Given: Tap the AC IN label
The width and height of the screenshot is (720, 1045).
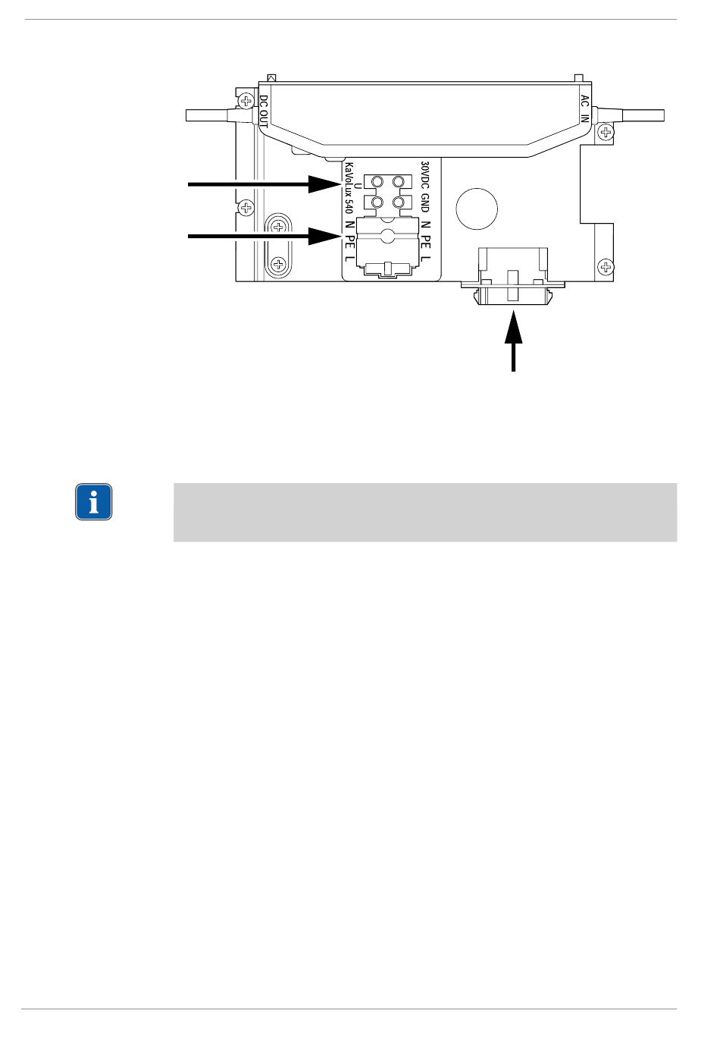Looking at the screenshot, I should tap(584, 108).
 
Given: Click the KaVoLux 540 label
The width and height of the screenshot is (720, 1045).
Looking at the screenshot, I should tap(349, 187).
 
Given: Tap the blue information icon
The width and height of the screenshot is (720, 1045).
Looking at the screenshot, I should tap(94, 502).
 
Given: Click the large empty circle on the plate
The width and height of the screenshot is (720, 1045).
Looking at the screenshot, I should tap(477, 207).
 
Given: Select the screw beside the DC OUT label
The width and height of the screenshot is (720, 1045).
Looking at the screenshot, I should tap(246, 100).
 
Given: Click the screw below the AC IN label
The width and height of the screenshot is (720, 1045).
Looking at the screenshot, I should tap(606, 132).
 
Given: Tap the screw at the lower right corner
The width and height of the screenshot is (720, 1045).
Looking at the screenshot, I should tap(606, 266).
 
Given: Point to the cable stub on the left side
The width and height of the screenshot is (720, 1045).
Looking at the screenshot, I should tap(208, 115).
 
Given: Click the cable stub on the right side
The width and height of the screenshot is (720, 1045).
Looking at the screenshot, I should tap(640, 115).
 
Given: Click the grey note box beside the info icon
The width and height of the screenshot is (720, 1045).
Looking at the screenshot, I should tap(424, 512).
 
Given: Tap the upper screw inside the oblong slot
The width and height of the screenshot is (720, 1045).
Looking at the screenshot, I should tap(280, 227).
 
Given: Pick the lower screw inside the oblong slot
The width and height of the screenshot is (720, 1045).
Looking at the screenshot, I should tap(280, 264).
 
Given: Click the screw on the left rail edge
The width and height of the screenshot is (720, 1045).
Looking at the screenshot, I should tap(246, 207).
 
